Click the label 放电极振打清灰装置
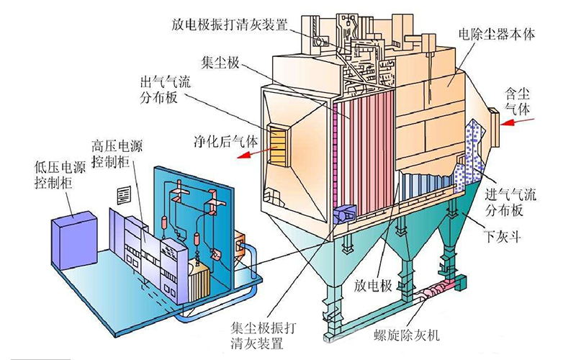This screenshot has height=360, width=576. coord(230,23)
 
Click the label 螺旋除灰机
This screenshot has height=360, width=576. coord(420,335)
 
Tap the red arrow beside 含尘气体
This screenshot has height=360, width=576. coord(520,122)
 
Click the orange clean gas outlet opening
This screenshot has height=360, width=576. coord(277,140)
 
